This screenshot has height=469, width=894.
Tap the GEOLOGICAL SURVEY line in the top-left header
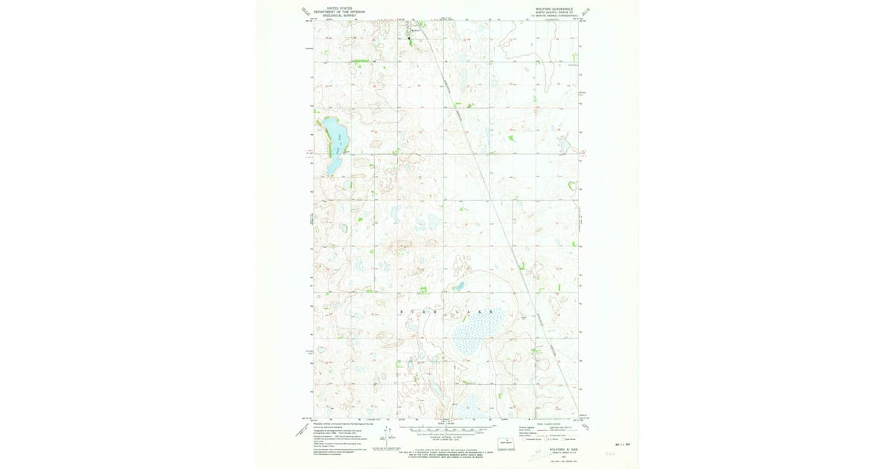(x=333, y=15)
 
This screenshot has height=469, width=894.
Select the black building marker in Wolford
(x=408, y=38)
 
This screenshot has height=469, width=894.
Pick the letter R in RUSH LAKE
(x=403, y=310)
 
